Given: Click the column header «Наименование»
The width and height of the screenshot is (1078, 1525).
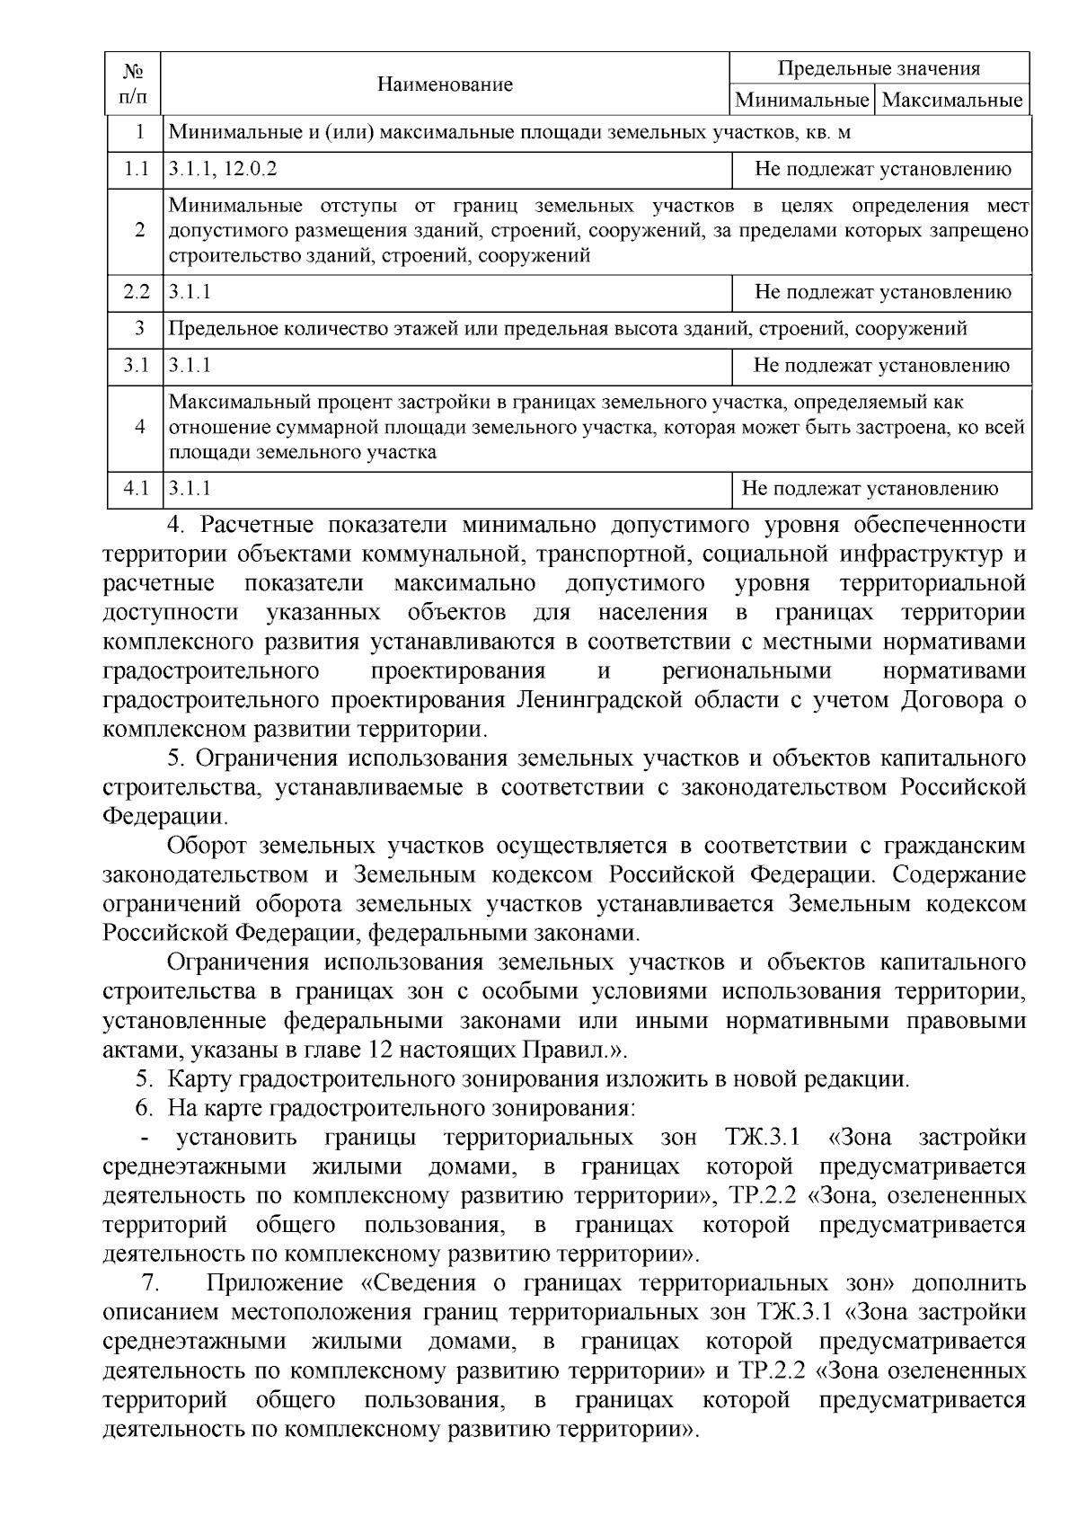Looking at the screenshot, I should point(445,84).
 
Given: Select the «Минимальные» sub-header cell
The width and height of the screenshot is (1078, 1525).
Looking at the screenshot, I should point(802,100).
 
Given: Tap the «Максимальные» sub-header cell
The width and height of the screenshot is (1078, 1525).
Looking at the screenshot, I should point(952,100).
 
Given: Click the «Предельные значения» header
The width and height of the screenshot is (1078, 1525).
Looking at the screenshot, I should point(878,69).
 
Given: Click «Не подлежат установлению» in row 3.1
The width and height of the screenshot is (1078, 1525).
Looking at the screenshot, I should point(881,366).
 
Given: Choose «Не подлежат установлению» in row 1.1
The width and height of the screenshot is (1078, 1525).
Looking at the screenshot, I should point(882,169).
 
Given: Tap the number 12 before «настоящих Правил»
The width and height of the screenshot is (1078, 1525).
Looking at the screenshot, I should point(380,1050).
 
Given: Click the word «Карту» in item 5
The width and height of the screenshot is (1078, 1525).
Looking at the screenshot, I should point(199,1079).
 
